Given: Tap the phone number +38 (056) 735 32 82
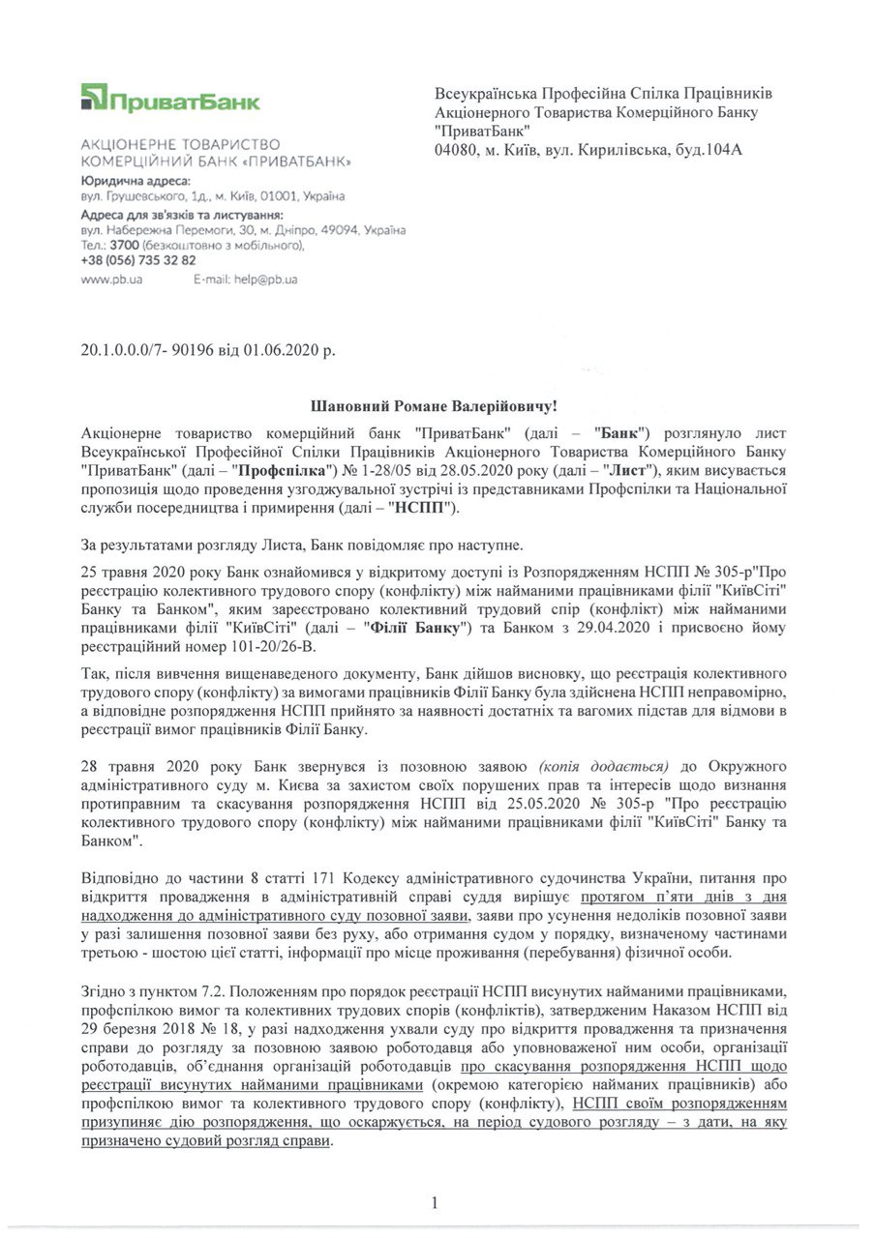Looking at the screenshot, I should tap(138, 260).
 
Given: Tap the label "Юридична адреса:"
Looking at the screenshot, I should tap(136, 181).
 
